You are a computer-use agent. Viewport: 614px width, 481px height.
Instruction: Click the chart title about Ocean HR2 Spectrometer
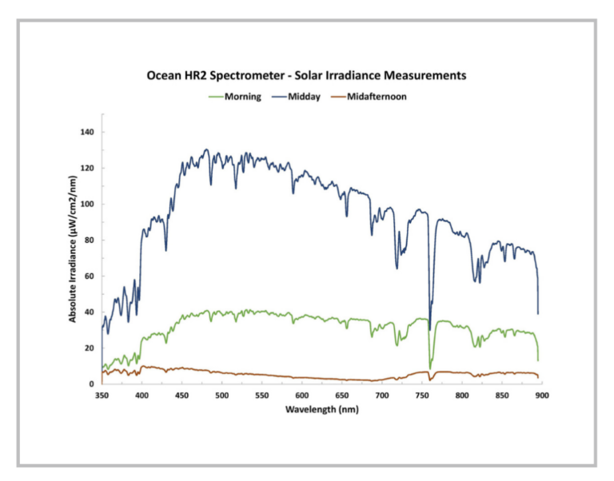pyautogui.click(x=306, y=76)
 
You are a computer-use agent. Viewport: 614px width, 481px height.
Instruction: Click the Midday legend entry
pyautogui.click(x=304, y=97)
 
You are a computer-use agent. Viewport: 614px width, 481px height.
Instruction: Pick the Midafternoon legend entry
pyautogui.click(x=377, y=97)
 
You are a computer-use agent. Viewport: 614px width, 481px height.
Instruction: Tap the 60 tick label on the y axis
pyautogui.click(x=90, y=276)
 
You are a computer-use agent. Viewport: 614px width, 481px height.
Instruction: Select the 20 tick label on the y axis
pyautogui.click(x=90, y=348)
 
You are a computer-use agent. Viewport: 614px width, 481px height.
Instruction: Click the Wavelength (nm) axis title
pyautogui.click(x=321, y=409)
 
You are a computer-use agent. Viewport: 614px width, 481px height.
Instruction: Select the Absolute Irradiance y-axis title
pyautogui.click(x=73, y=257)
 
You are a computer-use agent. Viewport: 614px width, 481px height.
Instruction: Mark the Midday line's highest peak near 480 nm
pyautogui.click(x=206, y=149)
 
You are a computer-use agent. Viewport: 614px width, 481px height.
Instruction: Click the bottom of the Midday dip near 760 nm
pyautogui.click(x=429, y=329)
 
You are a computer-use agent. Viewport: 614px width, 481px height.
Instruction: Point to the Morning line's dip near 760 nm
pyautogui.click(x=430, y=368)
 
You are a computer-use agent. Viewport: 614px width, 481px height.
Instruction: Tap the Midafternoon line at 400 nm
pyautogui.click(x=142, y=367)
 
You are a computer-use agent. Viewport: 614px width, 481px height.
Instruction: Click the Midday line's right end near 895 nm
pyautogui.click(x=538, y=313)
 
